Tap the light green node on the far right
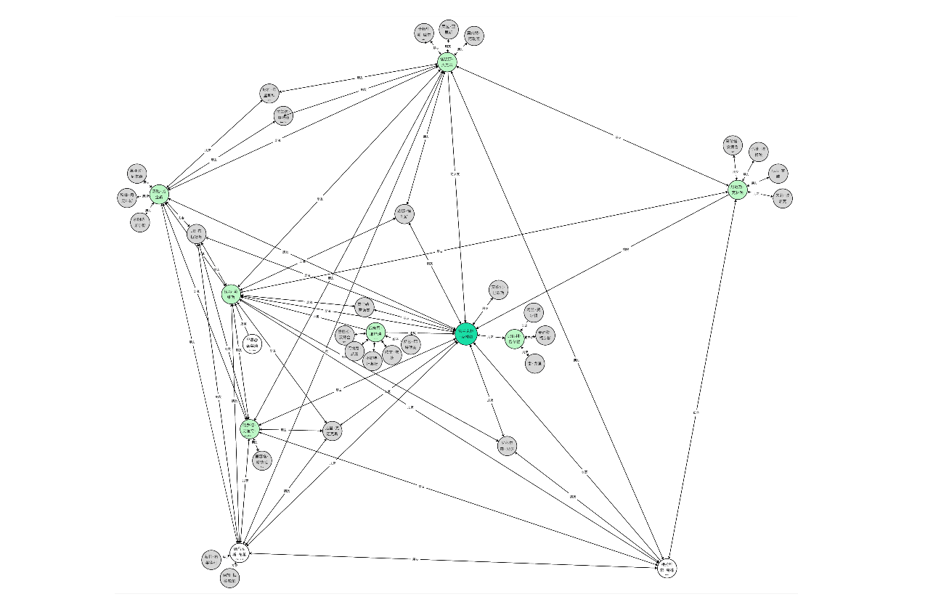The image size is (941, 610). tap(738, 190)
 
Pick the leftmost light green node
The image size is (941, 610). tap(160, 195)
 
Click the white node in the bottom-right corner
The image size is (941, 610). tap(668, 567)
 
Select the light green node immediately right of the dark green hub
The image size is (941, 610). tap(515, 338)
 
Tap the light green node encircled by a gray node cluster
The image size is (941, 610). tap(375, 333)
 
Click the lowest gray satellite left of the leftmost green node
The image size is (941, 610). tap(139, 222)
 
